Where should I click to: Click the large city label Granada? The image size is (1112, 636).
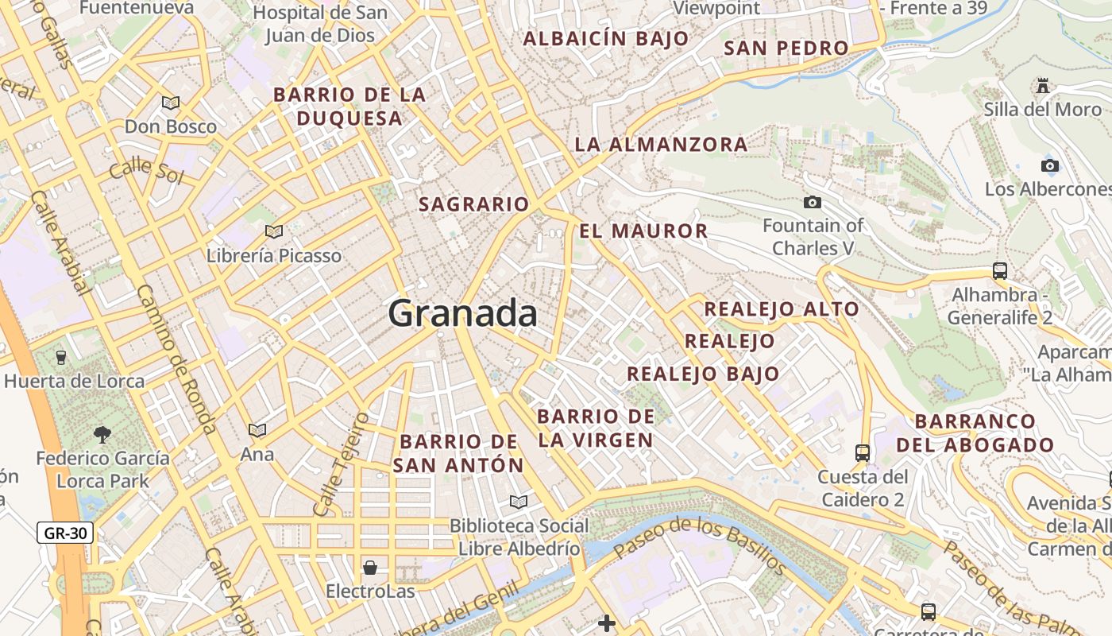point(462,313)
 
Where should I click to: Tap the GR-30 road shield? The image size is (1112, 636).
point(65,533)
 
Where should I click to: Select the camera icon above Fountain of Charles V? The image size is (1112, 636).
point(812,203)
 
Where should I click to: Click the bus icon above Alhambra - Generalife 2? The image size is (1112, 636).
point(1000,270)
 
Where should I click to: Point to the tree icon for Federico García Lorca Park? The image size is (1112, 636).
point(102,434)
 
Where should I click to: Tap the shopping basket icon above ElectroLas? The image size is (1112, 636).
point(370,568)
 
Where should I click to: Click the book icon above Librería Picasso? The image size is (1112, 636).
point(274,231)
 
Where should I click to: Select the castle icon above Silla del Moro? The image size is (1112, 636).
point(1043,85)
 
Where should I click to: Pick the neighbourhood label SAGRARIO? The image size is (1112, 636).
point(473,204)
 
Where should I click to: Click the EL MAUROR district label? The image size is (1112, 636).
point(643,231)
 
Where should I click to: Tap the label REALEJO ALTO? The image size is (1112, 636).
point(782,309)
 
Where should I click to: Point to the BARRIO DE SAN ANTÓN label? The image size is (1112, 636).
point(459,453)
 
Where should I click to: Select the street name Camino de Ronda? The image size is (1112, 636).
point(176,359)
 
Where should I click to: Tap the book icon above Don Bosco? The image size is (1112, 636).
point(170,103)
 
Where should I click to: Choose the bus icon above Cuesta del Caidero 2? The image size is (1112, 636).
point(863,453)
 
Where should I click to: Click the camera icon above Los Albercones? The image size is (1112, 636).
point(1050,165)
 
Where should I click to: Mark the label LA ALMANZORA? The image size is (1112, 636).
point(661,145)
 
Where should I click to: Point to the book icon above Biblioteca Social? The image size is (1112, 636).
point(519,502)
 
